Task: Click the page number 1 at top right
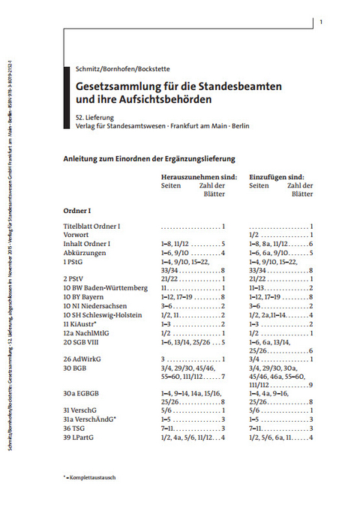[320, 23]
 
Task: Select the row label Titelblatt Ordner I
[92, 226]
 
